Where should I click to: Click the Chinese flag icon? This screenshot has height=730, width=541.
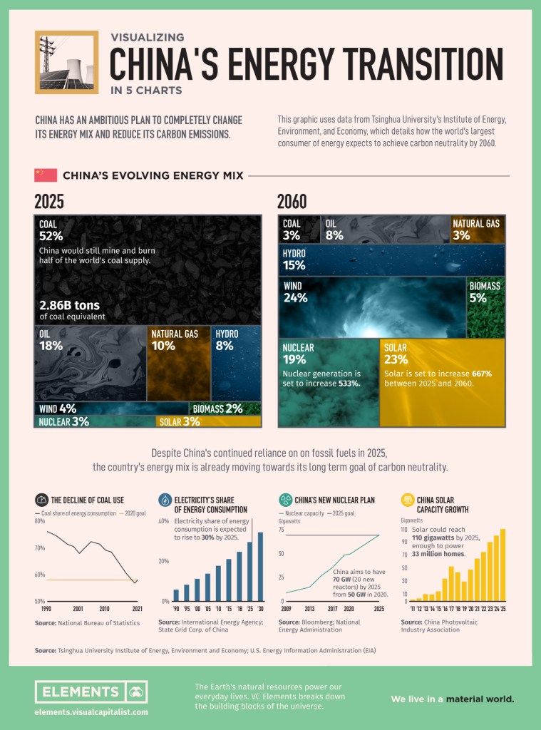pos(45,175)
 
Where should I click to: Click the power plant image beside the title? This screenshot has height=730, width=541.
pos(66,62)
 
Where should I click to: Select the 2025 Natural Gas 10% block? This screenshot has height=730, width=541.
pos(178,363)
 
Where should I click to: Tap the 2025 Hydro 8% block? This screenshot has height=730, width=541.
pos(236,363)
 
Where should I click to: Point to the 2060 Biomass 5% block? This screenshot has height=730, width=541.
pos(485,307)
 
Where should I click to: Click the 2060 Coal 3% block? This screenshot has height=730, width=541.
pos(299,230)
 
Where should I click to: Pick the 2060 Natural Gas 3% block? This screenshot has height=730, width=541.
pos(477,230)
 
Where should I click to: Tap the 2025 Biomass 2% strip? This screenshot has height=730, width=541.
pos(225,408)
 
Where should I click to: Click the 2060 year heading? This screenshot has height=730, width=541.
pos(294,202)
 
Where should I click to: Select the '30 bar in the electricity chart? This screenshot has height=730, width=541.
pos(260,567)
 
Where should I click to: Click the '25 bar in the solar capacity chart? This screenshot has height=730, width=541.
pos(503,565)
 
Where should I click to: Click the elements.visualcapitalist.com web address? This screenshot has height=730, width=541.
pos(91,711)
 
